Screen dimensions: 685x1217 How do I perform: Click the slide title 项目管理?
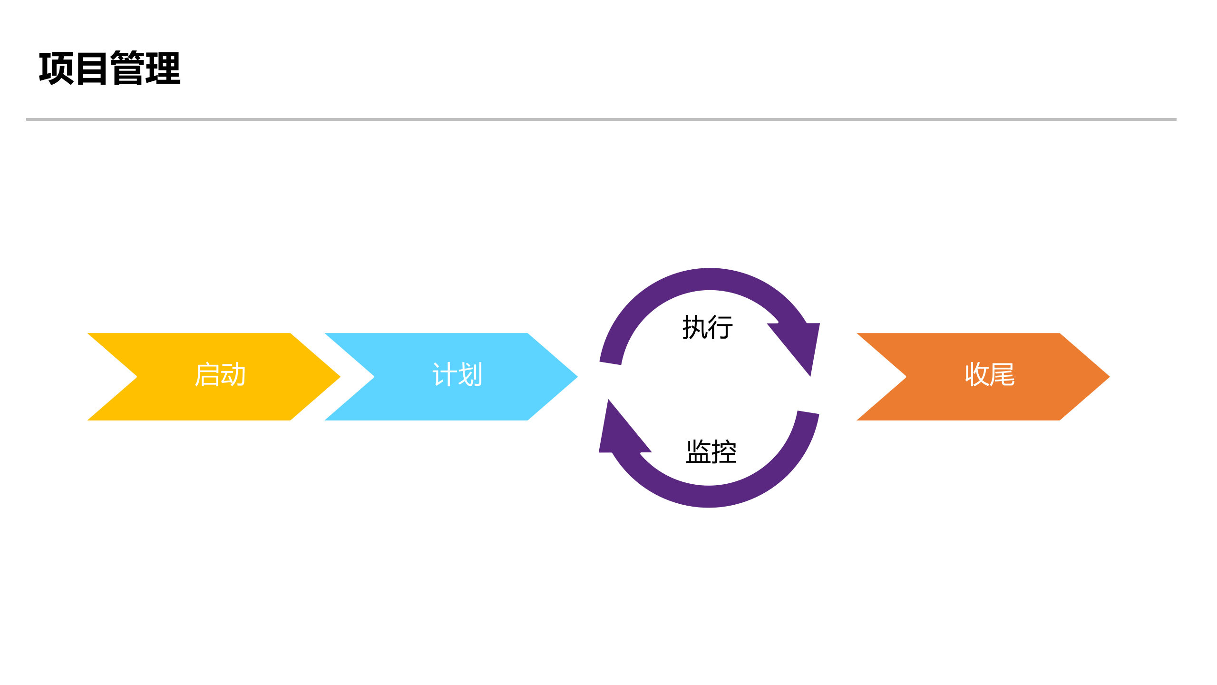pos(110,68)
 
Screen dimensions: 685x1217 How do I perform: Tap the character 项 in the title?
pos(56,68)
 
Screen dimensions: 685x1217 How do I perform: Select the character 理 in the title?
pos(163,68)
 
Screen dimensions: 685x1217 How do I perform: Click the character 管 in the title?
pos(127,68)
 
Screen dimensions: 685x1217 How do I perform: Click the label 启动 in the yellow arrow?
pos(220,375)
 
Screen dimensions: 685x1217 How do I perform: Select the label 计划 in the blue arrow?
pos(457,375)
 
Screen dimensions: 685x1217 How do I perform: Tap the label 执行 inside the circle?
pos(708,327)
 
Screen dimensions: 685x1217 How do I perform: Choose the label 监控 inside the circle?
pos(711,451)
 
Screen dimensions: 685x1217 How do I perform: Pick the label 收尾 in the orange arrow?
pos(990,375)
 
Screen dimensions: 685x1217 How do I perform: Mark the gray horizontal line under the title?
pos(601,119)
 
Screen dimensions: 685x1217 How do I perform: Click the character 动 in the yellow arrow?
pos(233,375)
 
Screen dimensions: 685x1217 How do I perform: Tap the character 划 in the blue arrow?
pos(470,375)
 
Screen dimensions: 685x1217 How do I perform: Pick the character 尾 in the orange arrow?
pos(1003,375)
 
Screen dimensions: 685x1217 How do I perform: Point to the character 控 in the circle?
pos(724,451)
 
